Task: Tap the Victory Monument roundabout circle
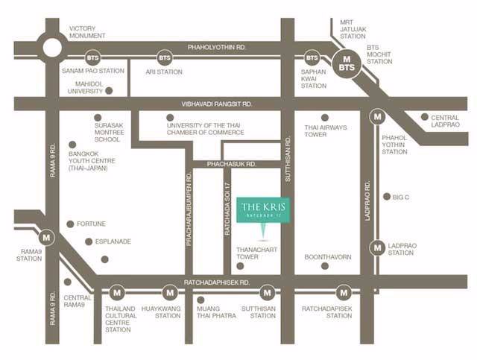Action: pyautogui.click(x=53, y=47)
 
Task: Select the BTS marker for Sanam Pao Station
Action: pyautogui.click(x=92, y=57)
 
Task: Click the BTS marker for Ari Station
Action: pyautogui.click(x=164, y=57)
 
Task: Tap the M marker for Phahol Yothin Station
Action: pyautogui.click(x=379, y=116)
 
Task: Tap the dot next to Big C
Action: pyautogui.click(x=386, y=197)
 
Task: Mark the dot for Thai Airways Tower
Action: pyautogui.click(x=324, y=117)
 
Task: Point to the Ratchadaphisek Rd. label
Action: pyautogui.click(x=216, y=283)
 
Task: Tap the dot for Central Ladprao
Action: pyautogui.click(x=424, y=117)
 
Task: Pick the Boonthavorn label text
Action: pyautogui.click(x=328, y=257)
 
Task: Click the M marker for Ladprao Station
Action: pyautogui.click(x=379, y=247)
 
